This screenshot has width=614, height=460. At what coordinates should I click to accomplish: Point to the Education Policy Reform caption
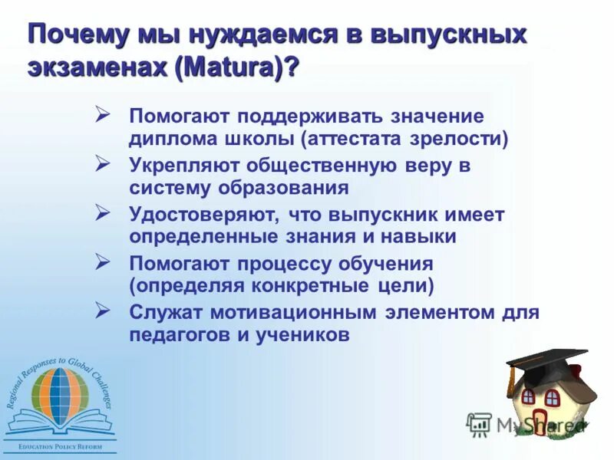click(59, 445)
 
